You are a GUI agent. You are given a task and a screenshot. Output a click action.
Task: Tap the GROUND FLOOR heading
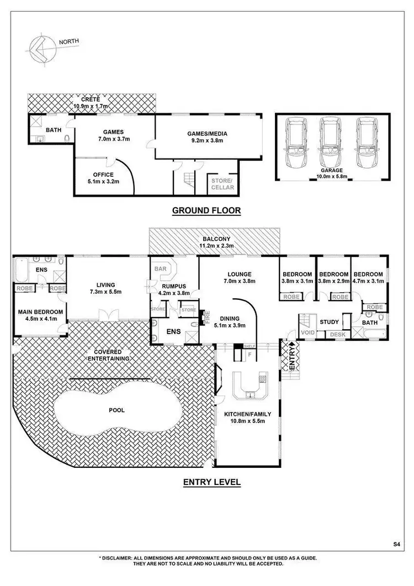[x=206, y=210]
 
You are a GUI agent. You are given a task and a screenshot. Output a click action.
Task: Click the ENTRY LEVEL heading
[x=212, y=482]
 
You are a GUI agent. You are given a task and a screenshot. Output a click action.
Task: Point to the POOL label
[x=116, y=410]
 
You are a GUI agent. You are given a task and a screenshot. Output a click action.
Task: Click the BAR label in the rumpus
[x=161, y=269]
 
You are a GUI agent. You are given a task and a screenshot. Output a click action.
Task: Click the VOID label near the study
[x=307, y=333]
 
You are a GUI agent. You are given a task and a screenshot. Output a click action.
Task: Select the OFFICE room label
[x=103, y=175]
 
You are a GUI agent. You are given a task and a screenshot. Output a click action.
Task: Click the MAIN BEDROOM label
[x=40, y=312]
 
